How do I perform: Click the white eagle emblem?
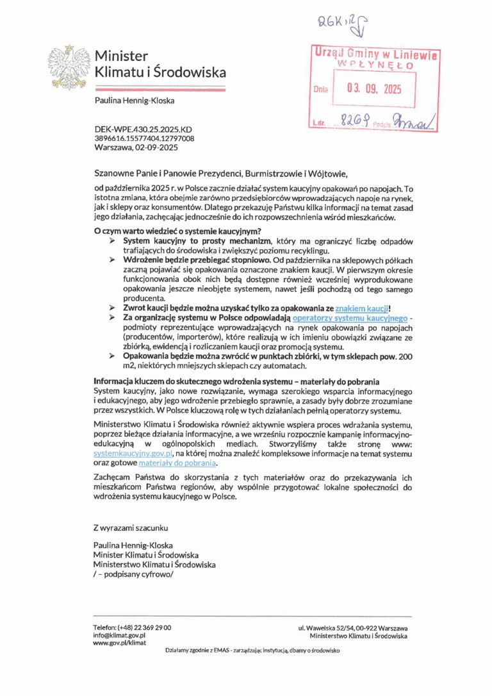coord(67,66)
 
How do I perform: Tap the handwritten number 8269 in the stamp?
coord(354,120)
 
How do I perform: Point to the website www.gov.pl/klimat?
coord(120,643)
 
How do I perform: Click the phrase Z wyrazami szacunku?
coord(130,528)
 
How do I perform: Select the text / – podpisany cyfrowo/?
coord(133,574)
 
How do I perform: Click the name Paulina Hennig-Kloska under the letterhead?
coord(135,101)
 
